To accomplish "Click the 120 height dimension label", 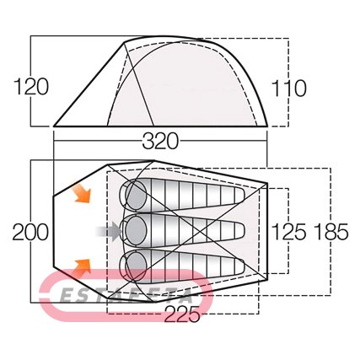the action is click(31, 87).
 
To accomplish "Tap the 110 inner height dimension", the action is click(289, 89).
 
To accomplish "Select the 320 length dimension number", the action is click(160, 141).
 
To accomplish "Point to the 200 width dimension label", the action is click(30, 232).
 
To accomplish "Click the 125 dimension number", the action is click(289, 232).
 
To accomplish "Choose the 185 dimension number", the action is click(331, 232).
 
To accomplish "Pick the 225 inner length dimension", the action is click(182, 314).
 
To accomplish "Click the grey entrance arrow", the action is click(108, 231).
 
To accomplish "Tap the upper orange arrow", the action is click(82, 193).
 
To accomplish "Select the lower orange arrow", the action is click(82, 268).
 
